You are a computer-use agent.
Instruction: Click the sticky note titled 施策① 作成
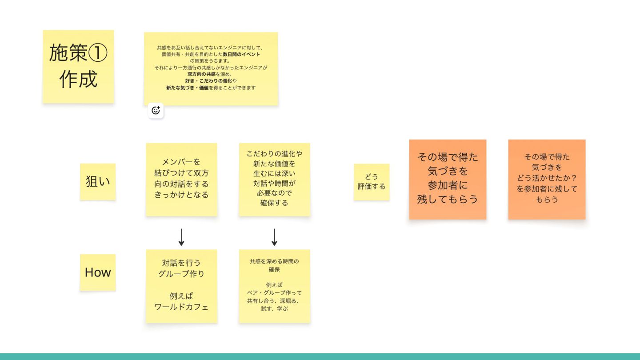(78, 67)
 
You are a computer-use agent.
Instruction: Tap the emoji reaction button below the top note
(156, 111)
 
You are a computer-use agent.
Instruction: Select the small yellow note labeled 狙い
(98, 181)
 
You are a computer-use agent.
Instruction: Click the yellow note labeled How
(98, 272)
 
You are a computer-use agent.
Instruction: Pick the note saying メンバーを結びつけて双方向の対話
(181, 179)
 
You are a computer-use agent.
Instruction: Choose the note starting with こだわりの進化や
(274, 179)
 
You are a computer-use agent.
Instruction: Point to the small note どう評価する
(372, 182)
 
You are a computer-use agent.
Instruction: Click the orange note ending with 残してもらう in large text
(448, 179)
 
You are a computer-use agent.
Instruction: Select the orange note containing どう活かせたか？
(547, 179)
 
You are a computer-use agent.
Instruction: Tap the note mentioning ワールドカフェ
(181, 286)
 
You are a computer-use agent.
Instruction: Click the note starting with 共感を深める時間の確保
(274, 286)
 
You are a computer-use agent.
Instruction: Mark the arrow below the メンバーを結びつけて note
(181, 237)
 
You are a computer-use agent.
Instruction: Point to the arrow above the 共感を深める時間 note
(274, 237)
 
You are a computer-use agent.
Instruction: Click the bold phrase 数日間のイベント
(241, 54)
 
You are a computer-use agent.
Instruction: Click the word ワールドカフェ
(181, 307)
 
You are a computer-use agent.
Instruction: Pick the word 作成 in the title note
(78, 80)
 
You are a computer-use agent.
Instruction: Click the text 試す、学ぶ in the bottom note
(274, 308)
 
